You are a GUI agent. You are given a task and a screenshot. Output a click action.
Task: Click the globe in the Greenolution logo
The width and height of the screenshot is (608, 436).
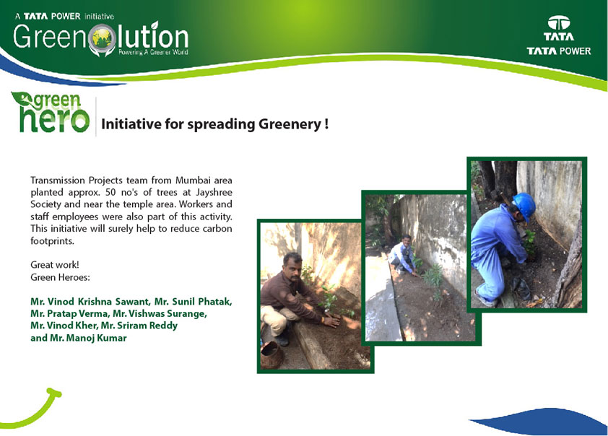(x=101, y=38)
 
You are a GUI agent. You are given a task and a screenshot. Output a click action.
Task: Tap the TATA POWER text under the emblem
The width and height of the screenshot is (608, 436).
(x=558, y=51)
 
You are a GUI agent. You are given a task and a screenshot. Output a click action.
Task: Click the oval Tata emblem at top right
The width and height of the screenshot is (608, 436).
(x=558, y=23)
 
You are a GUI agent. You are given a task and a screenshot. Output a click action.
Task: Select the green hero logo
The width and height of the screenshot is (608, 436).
(x=51, y=112)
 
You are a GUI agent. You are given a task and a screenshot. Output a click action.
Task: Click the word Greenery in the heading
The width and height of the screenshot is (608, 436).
(x=290, y=124)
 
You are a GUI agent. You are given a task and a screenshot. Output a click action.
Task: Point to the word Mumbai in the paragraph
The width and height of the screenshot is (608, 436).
(x=193, y=180)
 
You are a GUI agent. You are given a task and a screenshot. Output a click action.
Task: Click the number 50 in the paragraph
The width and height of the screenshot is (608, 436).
(x=110, y=192)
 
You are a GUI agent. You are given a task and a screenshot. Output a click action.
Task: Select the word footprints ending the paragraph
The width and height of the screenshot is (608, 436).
(x=51, y=240)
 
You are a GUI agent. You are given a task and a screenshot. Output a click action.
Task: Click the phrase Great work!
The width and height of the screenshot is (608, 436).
(x=55, y=265)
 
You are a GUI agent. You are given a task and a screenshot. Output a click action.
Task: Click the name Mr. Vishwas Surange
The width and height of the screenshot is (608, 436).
(x=160, y=313)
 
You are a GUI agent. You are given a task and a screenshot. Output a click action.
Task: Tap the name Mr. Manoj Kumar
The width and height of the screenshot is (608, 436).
(x=88, y=338)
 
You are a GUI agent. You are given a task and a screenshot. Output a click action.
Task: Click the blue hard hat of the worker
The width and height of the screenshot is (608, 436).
(x=525, y=206)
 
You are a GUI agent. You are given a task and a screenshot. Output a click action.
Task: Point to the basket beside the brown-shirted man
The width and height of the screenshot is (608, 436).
(x=272, y=354)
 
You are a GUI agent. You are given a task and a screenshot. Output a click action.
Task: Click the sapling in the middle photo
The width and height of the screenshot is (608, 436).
(x=433, y=277)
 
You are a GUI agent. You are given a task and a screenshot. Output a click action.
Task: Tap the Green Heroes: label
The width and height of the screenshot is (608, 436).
(x=60, y=277)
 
